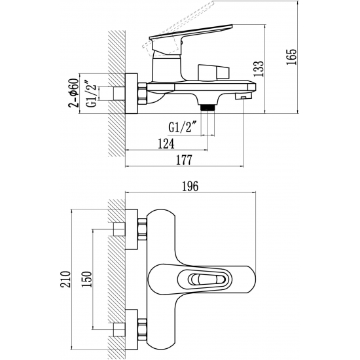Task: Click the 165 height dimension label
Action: [x=291, y=57]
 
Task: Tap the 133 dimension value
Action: [x=258, y=69]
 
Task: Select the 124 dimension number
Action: [x=166, y=144]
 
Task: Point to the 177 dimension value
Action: [x=184, y=160]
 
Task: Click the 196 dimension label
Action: [x=190, y=186]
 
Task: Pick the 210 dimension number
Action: [x=65, y=279]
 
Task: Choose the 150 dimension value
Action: [x=86, y=279]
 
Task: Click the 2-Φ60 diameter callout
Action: [x=73, y=93]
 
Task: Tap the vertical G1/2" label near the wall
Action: [x=91, y=94]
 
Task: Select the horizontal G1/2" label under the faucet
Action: [x=183, y=127]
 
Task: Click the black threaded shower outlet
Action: [x=207, y=107]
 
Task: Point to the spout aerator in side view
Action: [x=243, y=96]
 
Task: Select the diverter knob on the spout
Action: [x=214, y=73]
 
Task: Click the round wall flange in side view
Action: [x=132, y=94]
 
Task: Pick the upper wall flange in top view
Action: [x=132, y=229]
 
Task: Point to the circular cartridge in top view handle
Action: [x=194, y=279]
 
